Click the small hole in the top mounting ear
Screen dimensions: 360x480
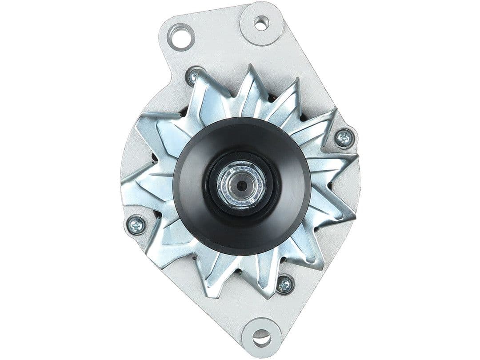[261, 23]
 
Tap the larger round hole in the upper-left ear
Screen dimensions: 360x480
[181, 37]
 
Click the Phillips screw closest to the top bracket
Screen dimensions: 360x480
[194, 77]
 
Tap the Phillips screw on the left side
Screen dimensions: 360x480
[136, 225]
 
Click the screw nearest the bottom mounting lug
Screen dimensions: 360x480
[284, 284]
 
